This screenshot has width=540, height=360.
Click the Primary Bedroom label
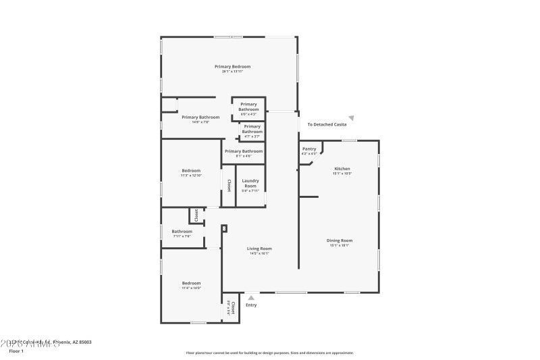(x=232, y=66)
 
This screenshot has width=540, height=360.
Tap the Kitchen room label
(x=342, y=168)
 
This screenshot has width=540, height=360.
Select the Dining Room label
(x=340, y=240)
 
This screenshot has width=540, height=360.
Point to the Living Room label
(x=260, y=249)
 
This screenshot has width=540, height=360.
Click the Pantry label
(x=309, y=149)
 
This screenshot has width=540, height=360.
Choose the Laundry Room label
(x=250, y=183)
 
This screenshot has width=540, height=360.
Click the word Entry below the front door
(x=251, y=305)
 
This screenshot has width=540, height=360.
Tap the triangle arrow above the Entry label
(x=251, y=297)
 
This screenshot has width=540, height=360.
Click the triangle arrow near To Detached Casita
(x=351, y=118)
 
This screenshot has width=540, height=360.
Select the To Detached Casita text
(x=327, y=125)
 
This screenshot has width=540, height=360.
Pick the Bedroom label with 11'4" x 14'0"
(x=191, y=283)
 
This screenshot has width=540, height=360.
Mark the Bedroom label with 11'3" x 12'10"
(x=191, y=170)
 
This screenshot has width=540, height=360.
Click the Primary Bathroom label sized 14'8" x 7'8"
(x=200, y=117)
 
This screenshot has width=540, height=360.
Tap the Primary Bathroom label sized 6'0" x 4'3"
(x=248, y=107)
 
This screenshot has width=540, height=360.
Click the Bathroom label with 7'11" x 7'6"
(x=182, y=232)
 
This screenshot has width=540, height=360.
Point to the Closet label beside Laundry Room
(x=229, y=185)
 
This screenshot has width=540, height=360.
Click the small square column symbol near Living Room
(x=224, y=228)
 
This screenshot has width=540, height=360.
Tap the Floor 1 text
(x=16, y=351)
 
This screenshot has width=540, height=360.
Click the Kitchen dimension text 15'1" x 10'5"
(x=342, y=174)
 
